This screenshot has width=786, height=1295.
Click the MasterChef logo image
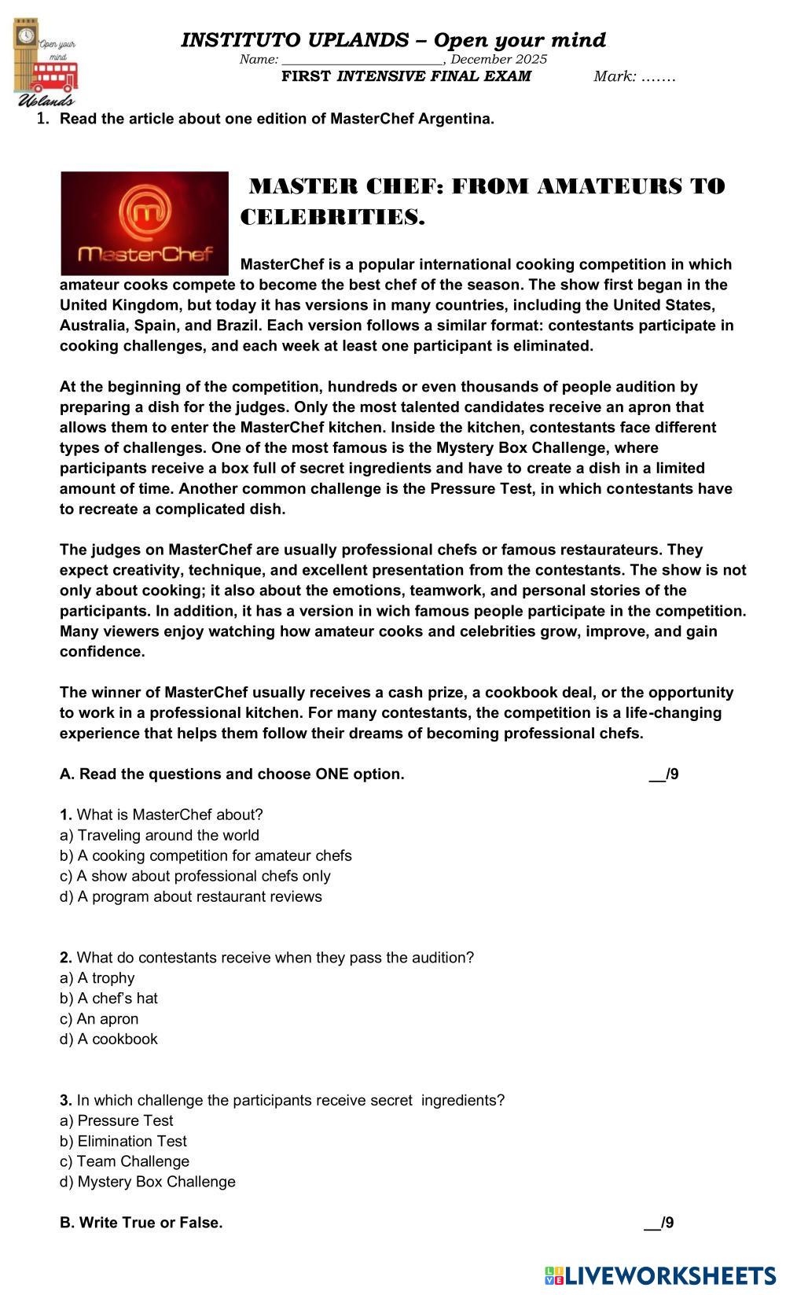(144, 223)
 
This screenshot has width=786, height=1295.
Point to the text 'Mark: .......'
(634, 76)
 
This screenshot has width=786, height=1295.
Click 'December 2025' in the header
(499, 60)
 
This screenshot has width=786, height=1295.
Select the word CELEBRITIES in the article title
(332, 217)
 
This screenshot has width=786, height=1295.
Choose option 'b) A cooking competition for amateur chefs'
(206, 855)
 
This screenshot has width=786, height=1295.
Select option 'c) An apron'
(99, 1019)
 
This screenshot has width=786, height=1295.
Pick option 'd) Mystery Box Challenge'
(148, 1182)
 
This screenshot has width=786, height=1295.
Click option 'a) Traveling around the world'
(160, 835)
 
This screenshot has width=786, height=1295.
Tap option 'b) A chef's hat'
(108, 999)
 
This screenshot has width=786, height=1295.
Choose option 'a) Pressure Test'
(116, 1120)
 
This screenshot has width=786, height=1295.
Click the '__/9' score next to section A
(664, 774)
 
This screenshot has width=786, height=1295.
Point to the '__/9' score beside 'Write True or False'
(659, 1223)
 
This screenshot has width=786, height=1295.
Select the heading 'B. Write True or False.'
(141, 1223)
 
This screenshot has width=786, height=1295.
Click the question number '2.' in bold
(66, 958)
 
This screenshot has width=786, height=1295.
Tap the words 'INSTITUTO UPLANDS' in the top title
(295, 40)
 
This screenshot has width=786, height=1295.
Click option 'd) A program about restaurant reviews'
(191, 896)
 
